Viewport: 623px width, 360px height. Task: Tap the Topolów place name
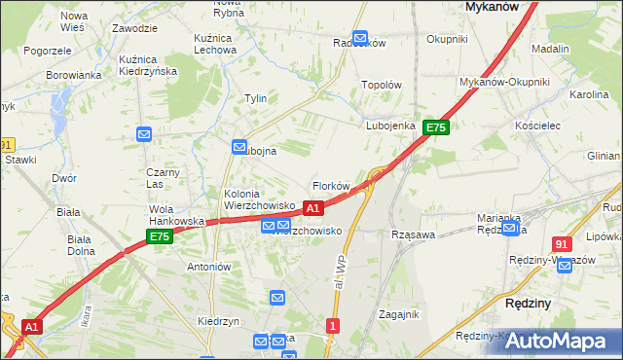[382, 85]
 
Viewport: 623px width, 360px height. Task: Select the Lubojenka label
[391, 126]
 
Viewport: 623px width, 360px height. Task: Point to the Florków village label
[331, 185]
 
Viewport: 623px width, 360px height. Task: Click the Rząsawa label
[412, 234]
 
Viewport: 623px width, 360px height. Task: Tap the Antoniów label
[207, 266]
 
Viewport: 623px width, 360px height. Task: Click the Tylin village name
[256, 98]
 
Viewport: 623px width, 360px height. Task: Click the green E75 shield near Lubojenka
[435, 127]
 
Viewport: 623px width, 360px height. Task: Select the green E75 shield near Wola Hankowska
[160, 236]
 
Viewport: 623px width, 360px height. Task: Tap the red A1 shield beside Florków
[312, 208]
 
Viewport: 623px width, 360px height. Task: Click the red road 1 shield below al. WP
[334, 326]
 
